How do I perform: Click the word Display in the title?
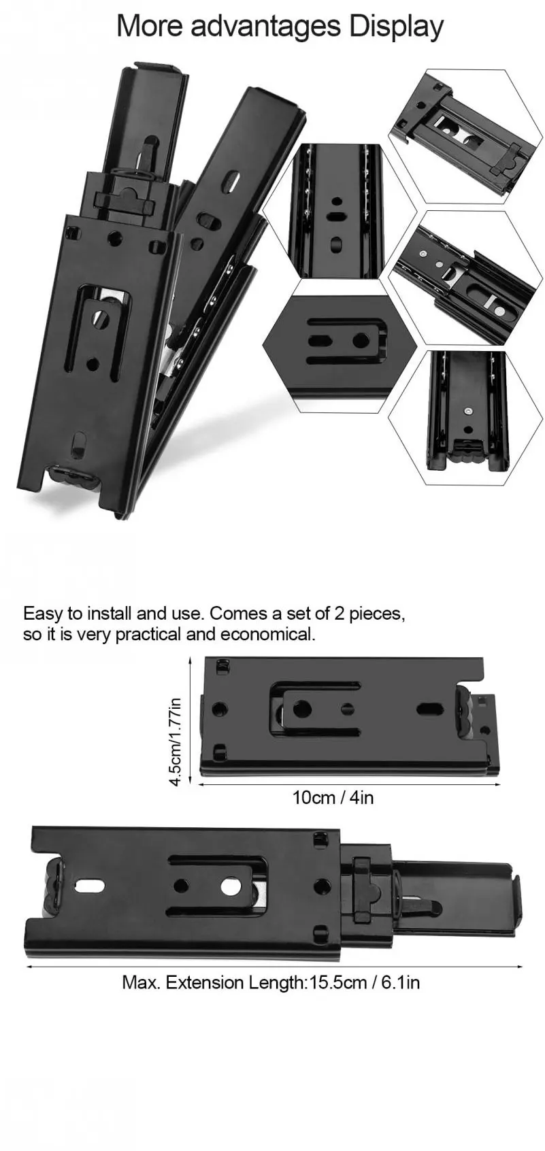pyautogui.click(x=396, y=26)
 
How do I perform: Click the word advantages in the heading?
pyautogui.click(x=265, y=27)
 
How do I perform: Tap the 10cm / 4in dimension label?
pyautogui.click(x=333, y=797)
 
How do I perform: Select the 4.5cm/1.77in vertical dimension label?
pyautogui.click(x=176, y=741)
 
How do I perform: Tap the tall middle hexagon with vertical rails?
pyautogui.click(x=339, y=211)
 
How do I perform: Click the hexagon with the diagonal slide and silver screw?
pyautogui.click(x=465, y=278)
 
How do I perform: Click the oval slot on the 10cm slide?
pyautogui.click(x=429, y=709)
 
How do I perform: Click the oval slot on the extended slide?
pyautogui.click(x=89, y=886)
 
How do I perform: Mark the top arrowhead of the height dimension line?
pyautogui.click(x=191, y=659)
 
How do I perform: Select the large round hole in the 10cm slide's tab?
pyautogui.click(x=302, y=710)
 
